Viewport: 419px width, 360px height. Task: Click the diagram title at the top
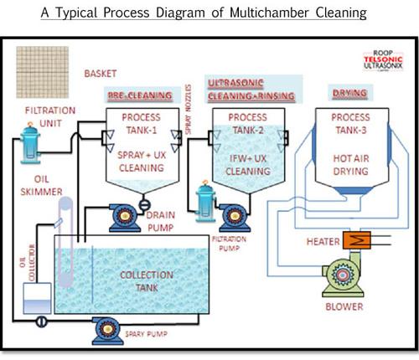click(209, 12)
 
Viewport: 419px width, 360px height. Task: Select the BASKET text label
click(101, 74)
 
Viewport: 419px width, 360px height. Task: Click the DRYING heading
click(350, 94)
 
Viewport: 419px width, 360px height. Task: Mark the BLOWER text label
click(344, 307)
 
